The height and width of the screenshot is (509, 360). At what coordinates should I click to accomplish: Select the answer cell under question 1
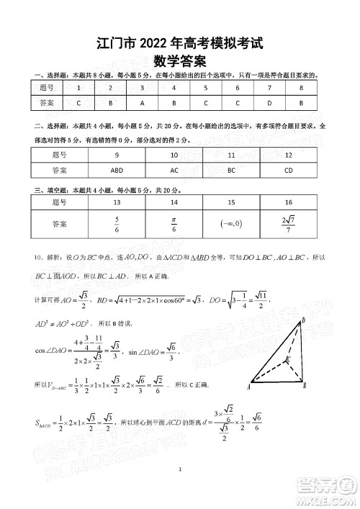[78, 103]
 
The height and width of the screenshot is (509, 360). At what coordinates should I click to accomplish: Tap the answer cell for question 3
[142, 103]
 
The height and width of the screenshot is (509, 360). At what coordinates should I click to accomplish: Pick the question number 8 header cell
[301, 88]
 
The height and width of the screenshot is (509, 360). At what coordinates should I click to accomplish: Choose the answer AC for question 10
[174, 171]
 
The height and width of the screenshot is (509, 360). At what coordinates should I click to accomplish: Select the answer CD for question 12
[288, 171]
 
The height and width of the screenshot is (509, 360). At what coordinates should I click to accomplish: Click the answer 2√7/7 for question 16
[288, 224]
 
